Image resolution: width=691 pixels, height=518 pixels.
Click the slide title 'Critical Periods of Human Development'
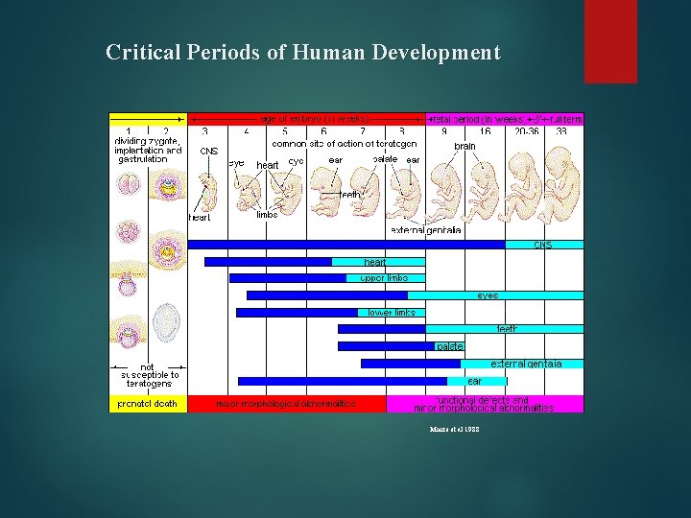(302, 52)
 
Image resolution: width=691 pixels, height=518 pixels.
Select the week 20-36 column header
(526, 131)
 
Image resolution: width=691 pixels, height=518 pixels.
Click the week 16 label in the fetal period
(486, 131)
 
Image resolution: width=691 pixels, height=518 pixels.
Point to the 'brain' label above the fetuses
(465, 146)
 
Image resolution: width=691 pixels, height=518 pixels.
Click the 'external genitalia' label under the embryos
(426, 230)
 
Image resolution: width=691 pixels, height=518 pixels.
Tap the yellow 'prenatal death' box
(148, 404)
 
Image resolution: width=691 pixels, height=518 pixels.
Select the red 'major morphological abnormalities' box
(286, 404)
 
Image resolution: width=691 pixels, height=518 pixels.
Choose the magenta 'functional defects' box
(484, 404)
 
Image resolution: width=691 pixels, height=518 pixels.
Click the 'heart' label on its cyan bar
(375, 262)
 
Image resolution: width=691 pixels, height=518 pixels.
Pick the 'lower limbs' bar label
(392, 313)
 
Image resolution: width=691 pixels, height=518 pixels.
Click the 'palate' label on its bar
(449, 346)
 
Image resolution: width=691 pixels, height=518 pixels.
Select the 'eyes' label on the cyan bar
(488, 295)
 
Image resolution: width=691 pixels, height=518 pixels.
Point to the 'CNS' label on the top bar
(543, 245)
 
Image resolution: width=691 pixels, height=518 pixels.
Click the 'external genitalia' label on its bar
(525, 364)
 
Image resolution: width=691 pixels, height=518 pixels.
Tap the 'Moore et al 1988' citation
(456, 430)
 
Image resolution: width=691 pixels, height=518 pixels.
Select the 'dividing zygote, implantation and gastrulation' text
(147, 150)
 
